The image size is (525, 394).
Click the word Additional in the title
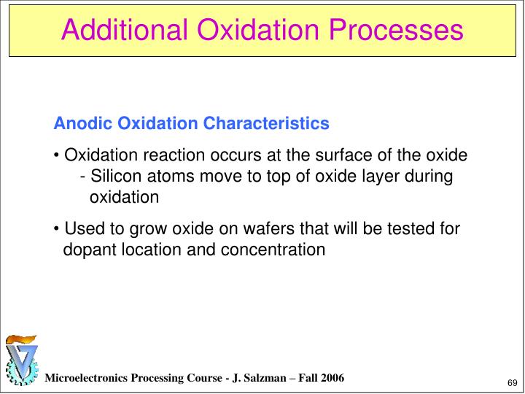pyautogui.click(x=125, y=30)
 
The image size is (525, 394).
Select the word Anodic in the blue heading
pyautogui.click(x=77, y=124)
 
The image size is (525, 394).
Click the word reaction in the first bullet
pyautogui.click(x=160, y=156)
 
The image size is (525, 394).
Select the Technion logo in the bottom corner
pyautogui.click(x=21, y=361)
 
